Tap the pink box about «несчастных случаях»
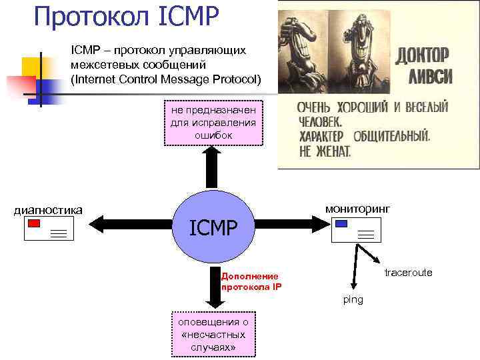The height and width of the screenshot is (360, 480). [213, 335]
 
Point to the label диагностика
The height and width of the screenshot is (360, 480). [48, 211]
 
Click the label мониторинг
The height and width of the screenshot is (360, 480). [357, 209]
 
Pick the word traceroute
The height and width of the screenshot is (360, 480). [408, 273]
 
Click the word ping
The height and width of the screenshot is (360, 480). [353, 299]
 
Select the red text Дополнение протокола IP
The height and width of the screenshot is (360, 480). [251, 281]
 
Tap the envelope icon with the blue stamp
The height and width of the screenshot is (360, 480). [355, 230]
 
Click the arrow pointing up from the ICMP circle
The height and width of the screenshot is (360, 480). [211, 167]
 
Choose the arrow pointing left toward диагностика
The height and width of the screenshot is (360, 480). [127, 221]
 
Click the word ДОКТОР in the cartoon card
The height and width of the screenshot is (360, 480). [423, 55]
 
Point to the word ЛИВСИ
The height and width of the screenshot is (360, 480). [424, 76]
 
